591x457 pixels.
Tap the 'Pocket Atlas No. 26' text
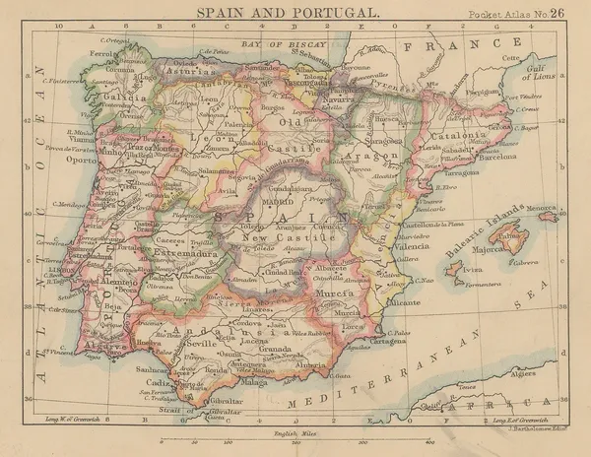coord(517,14)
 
